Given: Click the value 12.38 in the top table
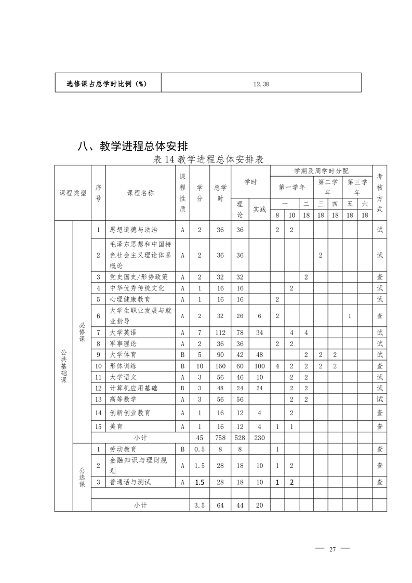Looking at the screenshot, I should click(261, 83).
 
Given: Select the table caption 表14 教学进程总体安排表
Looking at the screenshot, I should click(208, 160).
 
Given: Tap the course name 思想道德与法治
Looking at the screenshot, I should click(134, 229).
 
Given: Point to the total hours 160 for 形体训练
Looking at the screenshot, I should click(220, 366).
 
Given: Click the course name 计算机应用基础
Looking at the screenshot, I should click(134, 388).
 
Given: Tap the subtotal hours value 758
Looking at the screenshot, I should click(220, 438).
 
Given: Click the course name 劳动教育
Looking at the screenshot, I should click(123, 448).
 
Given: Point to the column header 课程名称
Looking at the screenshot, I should click(140, 193).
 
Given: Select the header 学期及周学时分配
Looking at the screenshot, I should click(322, 170).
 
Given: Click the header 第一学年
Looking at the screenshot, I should click(292, 187).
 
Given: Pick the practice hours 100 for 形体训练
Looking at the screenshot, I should click(259, 366).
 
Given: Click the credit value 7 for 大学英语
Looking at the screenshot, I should click(200, 332).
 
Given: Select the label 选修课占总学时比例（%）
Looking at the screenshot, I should click(108, 83).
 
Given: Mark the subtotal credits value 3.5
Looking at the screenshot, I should click(200, 505).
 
